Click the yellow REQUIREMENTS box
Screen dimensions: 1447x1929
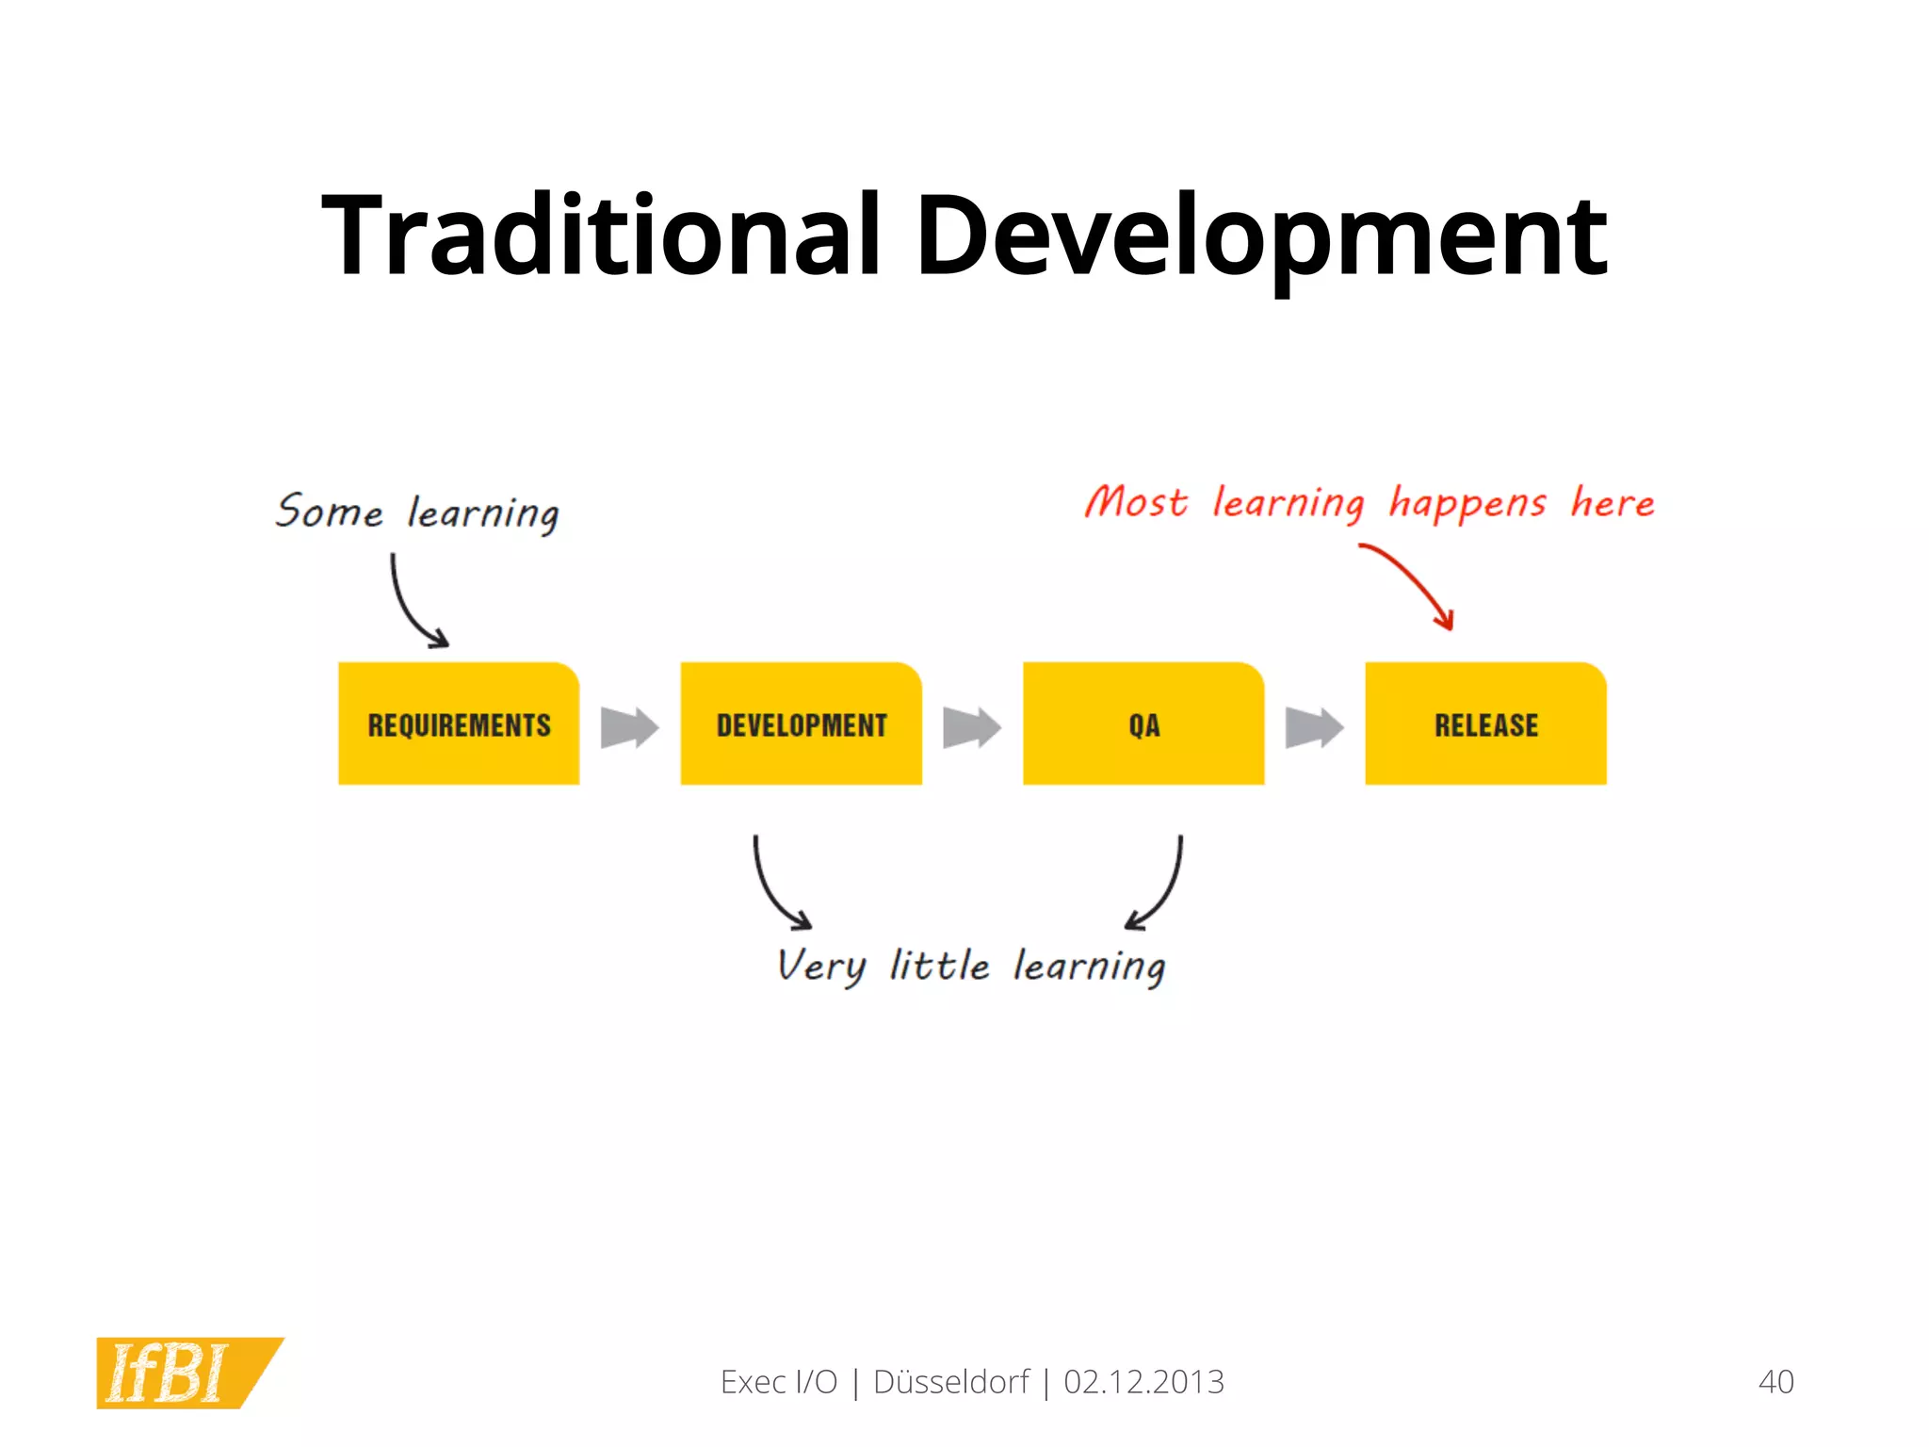click(x=459, y=723)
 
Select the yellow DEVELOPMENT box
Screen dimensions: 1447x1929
click(x=801, y=723)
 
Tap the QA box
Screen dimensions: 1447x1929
click(x=1143, y=723)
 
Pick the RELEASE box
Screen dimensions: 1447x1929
click(x=1485, y=723)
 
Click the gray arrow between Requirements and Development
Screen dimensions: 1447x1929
click(x=629, y=727)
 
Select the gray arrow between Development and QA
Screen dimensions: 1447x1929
click(x=971, y=727)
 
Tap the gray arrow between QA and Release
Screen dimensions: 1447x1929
click(x=1314, y=727)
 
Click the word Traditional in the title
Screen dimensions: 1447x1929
click(x=601, y=236)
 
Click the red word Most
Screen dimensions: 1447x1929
click(x=1135, y=501)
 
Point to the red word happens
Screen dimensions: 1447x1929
click(x=1467, y=504)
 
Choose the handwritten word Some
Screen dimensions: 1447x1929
click(x=329, y=512)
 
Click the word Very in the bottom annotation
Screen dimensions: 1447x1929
click(x=819, y=967)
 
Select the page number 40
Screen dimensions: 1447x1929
click(x=1775, y=1382)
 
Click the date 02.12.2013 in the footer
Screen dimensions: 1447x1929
click(x=1143, y=1382)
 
